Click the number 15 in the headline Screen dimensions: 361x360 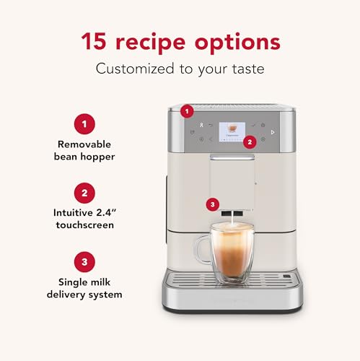[95, 41]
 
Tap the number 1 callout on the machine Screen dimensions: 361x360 [187, 111]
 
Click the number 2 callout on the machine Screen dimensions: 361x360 [250, 142]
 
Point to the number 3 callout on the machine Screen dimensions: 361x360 [211, 204]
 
